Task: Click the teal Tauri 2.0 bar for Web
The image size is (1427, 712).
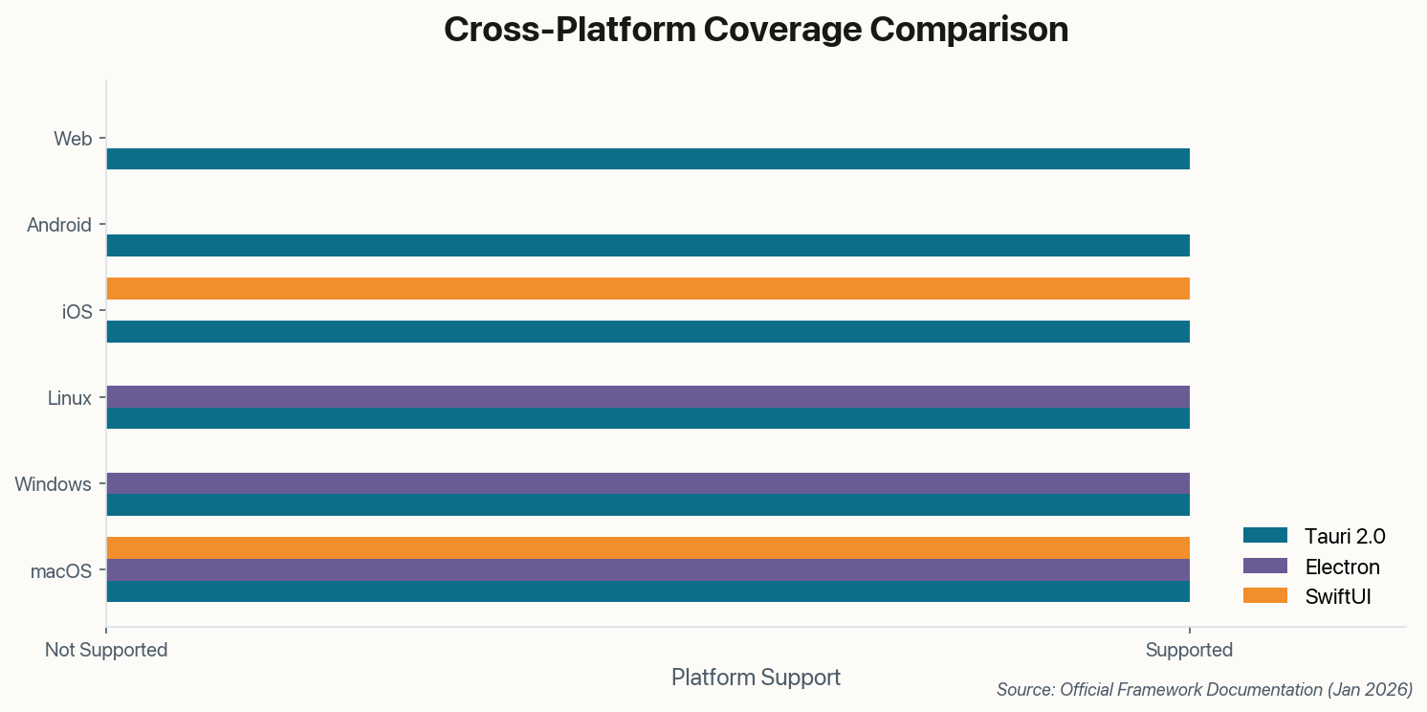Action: pyautogui.click(x=648, y=159)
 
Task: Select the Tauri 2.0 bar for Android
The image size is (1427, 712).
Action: pyautogui.click(x=648, y=245)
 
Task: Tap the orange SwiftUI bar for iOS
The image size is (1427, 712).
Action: pyautogui.click(x=648, y=288)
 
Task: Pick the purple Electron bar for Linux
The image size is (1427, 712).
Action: pyautogui.click(x=648, y=396)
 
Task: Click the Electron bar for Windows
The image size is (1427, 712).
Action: pyautogui.click(x=648, y=482)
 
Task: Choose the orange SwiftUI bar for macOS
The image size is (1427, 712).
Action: pyautogui.click(x=648, y=547)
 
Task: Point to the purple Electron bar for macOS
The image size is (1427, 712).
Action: pyautogui.click(x=648, y=569)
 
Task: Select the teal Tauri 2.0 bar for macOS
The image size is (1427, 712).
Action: pyautogui.click(x=648, y=591)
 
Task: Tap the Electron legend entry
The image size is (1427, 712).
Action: pyautogui.click(x=1311, y=566)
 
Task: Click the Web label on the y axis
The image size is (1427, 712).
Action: pyautogui.click(x=73, y=139)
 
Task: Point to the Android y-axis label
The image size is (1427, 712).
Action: pyautogui.click(x=59, y=225)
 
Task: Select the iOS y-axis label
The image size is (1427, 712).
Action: pyautogui.click(x=77, y=311)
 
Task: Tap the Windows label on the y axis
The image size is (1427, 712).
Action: pyautogui.click(x=53, y=484)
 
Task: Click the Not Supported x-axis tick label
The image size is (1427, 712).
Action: pyautogui.click(x=106, y=650)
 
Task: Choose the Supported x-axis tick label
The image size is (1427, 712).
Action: pyautogui.click(x=1189, y=650)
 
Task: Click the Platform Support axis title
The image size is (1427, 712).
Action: pyautogui.click(x=756, y=678)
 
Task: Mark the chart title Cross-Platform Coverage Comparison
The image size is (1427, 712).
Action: pyautogui.click(x=756, y=30)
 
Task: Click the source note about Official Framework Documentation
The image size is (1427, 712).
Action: pyautogui.click(x=1204, y=689)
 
